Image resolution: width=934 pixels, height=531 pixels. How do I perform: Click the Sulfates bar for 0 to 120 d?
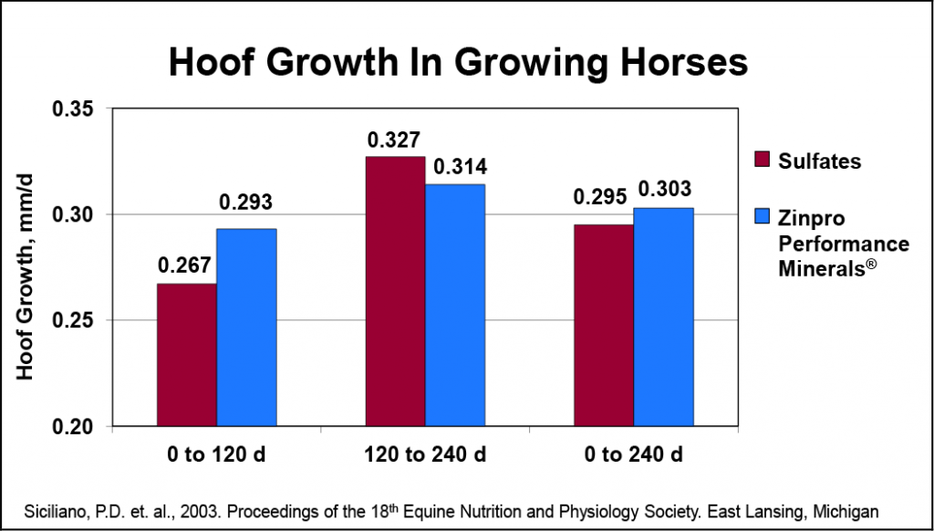pyautogui.click(x=187, y=355)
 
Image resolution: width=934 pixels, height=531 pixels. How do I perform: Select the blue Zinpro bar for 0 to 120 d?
pyautogui.click(x=246, y=328)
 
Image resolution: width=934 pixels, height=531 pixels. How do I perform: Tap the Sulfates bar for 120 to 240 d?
pyautogui.click(x=395, y=291)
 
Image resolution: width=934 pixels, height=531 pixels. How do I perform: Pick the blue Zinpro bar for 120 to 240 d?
pyautogui.click(x=455, y=305)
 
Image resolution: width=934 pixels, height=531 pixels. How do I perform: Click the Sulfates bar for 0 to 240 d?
pyautogui.click(x=604, y=325)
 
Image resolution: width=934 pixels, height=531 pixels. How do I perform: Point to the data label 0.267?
pyautogui.click(x=185, y=265)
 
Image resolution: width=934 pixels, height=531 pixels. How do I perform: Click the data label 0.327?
pyautogui.click(x=393, y=141)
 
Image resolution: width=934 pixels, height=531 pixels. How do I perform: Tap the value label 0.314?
pyautogui.click(x=460, y=167)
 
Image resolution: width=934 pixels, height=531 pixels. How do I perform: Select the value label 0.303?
pyautogui.click(x=666, y=190)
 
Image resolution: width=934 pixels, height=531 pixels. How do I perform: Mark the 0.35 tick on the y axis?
pyautogui.click(x=76, y=109)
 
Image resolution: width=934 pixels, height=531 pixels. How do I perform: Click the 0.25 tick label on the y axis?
pyautogui.click(x=76, y=320)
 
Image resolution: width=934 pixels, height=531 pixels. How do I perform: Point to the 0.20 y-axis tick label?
pyautogui.click(x=76, y=427)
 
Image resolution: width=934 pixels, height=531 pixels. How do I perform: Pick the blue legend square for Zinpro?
pyautogui.click(x=763, y=216)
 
